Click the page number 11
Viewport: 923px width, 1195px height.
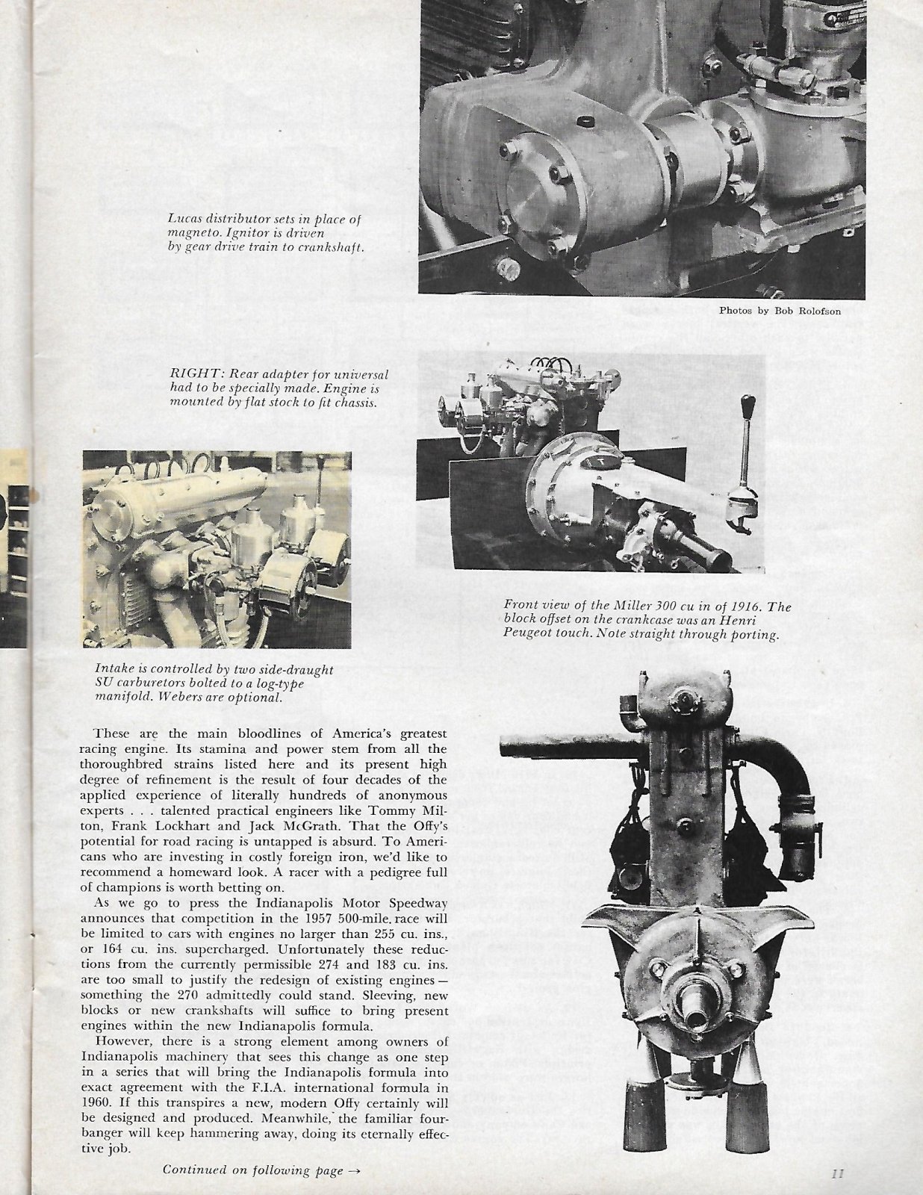click(836, 1173)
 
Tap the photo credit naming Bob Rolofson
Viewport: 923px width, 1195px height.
click(780, 311)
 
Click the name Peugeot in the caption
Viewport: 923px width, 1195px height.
click(529, 636)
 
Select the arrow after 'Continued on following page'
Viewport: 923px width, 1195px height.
click(355, 1171)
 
